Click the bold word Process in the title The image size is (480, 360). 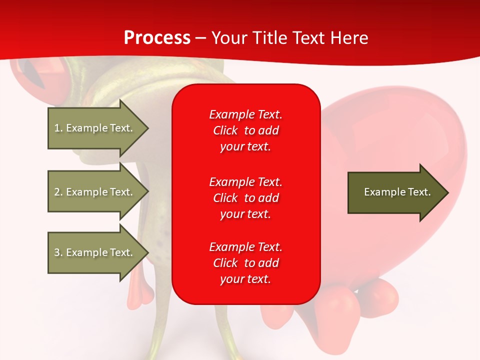click(x=157, y=38)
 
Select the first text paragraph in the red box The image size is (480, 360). click(x=245, y=130)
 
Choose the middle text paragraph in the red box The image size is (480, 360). click(x=245, y=197)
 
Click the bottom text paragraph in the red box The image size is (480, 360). click(x=245, y=263)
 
